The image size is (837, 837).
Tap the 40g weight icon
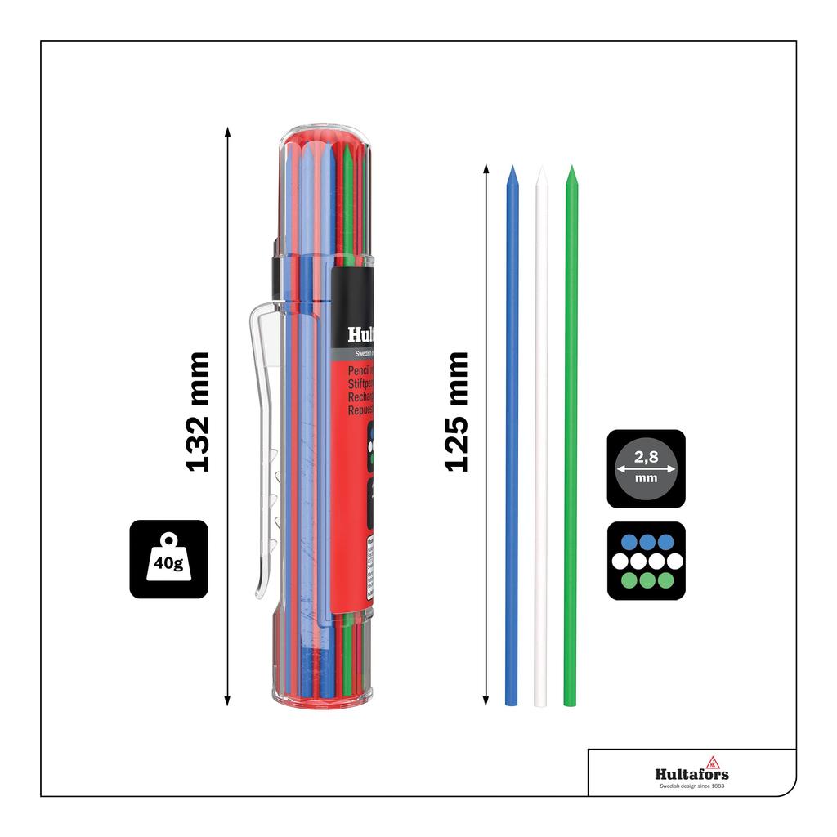(x=168, y=559)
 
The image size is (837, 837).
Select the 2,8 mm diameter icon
(x=646, y=468)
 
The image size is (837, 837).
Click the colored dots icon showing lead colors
(x=646, y=561)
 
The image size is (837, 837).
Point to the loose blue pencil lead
(x=512, y=441)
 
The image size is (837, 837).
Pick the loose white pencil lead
(x=541, y=441)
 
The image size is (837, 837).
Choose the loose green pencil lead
(x=571, y=441)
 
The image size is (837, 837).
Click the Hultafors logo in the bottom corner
(x=692, y=773)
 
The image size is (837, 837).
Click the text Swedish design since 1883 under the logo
(x=692, y=786)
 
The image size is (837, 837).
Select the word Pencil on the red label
(x=360, y=370)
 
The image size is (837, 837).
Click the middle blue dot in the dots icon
(x=646, y=541)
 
